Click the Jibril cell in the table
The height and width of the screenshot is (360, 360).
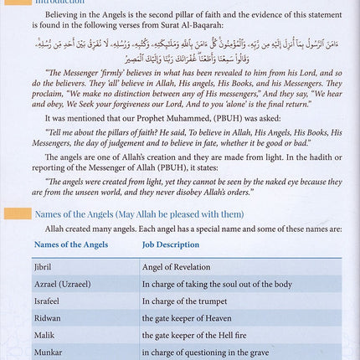(44, 265)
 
